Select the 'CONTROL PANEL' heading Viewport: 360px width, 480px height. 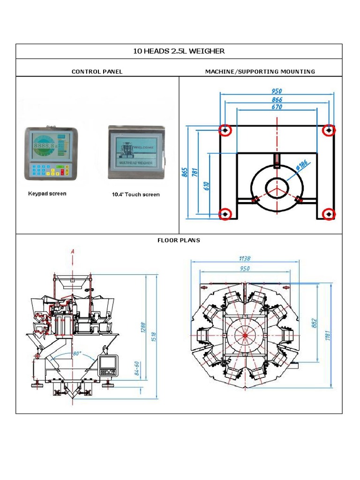pyautogui.click(x=97, y=72)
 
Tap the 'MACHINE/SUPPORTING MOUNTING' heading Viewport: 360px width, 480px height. pyautogui.click(x=260, y=72)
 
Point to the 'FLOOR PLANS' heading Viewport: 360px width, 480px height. pyautogui.click(x=179, y=240)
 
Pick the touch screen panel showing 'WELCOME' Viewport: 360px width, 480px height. pyautogui.click(x=137, y=152)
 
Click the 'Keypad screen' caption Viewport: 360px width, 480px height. pyautogui.click(x=47, y=194)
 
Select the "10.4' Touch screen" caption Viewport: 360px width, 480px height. pyautogui.click(x=135, y=195)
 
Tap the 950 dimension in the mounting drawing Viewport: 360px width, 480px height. pyautogui.click(x=277, y=91)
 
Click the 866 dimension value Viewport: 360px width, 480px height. pyautogui.click(x=277, y=99)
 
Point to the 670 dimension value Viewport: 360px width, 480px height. pyautogui.click(x=277, y=107)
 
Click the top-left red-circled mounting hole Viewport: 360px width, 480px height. pyautogui.click(x=225, y=130)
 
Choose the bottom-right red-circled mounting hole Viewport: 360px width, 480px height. pyautogui.click(x=330, y=214)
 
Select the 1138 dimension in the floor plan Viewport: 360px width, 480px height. pyautogui.click(x=245, y=258)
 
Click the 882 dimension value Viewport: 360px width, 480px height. pyautogui.click(x=315, y=323)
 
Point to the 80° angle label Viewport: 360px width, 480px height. pyautogui.click(x=76, y=353)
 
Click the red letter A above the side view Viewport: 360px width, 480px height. pyautogui.click(x=73, y=252)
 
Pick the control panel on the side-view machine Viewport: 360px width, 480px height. pyautogui.click(x=108, y=365)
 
